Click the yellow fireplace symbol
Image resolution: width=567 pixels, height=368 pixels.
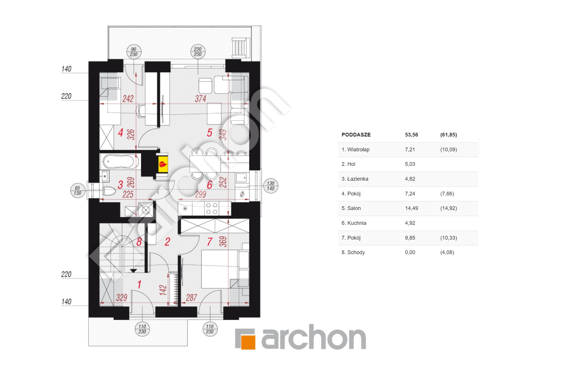point(163,165)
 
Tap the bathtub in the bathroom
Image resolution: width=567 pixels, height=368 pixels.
point(120,161)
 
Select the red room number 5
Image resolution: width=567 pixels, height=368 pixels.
point(209,133)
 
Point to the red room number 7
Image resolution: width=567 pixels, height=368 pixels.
point(210,242)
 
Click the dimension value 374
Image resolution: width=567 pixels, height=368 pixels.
point(200,99)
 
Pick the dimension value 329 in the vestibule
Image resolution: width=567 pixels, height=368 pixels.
point(122,297)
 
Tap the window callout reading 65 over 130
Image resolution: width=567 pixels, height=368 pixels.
point(78,191)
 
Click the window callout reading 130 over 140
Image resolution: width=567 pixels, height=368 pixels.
point(271,186)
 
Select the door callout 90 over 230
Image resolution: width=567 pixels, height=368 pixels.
point(134,52)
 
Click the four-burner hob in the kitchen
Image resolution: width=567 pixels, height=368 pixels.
point(211,209)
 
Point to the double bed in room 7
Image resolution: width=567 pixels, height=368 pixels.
point(220,269)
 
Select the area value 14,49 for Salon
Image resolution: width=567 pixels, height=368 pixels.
point(411,208)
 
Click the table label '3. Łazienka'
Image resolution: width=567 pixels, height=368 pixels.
point(355,179)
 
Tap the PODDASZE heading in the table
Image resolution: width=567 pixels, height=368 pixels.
point(356,135)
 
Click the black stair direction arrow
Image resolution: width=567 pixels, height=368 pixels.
point(133,271)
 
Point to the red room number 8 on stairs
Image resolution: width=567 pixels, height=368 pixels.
point(139,242)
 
